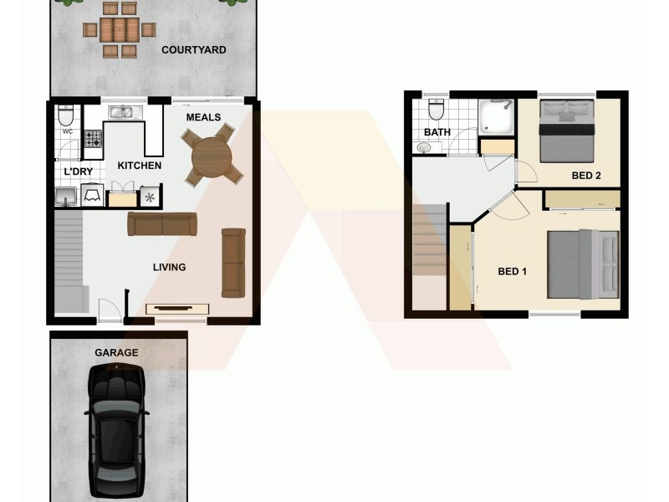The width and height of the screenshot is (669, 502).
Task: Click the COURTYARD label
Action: (193, 50)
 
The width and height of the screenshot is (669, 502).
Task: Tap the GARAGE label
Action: (116, 353)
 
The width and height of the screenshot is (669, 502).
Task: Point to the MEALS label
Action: (203, 117)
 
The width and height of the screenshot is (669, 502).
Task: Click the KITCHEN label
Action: (139, 166)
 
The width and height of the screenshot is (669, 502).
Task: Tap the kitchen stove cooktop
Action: (91, 138)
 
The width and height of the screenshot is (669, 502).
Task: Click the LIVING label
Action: (169, 268)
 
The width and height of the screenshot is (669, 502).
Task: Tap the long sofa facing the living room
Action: (162, 223)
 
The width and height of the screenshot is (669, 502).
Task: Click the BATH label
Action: (437, 132)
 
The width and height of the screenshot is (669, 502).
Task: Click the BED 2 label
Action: (586, 176)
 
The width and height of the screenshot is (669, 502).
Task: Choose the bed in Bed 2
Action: (567, 130)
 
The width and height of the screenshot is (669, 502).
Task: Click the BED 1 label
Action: (512, 271)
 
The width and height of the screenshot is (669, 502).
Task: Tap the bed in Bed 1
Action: (583, 264)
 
